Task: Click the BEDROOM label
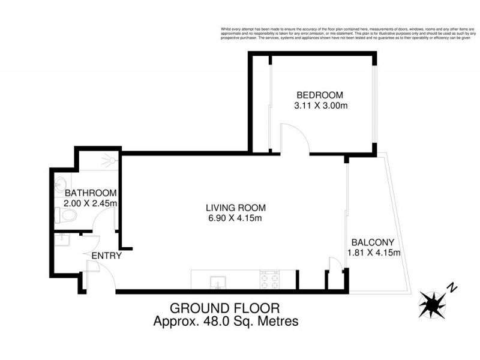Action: point(320,95)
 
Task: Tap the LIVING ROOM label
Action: point(233,208)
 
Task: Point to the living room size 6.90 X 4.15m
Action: point(233,218)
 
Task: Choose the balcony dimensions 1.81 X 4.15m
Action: point(373,253)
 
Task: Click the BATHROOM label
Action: point(90,193)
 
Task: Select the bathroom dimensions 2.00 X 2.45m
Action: point(90,203)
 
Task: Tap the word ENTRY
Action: point(106,256)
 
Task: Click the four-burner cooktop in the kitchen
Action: point(269,279)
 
